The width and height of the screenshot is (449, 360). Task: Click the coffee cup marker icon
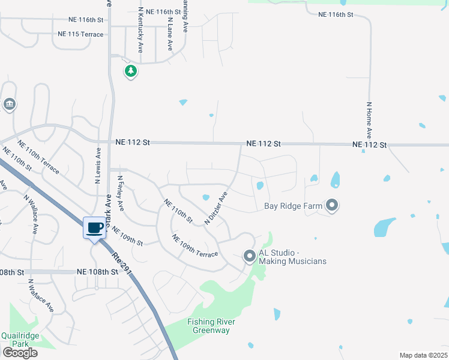95,228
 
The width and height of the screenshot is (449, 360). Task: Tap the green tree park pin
131,71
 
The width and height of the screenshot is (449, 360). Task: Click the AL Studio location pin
250,256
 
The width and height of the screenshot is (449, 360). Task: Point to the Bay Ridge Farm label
294,206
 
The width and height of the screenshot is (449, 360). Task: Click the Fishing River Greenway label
208,326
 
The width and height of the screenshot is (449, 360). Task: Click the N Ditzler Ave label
217,208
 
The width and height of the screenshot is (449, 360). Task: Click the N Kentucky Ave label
140,30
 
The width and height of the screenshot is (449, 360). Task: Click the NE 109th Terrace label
195,246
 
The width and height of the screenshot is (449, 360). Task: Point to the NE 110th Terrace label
38,157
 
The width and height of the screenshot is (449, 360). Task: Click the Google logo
20,352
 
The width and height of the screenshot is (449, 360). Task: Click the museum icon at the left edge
9,105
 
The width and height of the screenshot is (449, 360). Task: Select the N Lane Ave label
170,34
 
